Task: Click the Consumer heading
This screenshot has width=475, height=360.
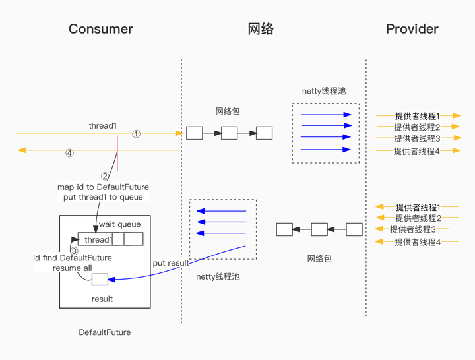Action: tap(100, 29)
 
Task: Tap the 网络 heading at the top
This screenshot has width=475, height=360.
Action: tap(261, 29)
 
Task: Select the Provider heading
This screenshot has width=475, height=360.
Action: tap(412, 29)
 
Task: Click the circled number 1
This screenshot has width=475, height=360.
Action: tap(137, 134)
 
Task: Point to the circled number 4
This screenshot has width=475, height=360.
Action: tap(69, 154)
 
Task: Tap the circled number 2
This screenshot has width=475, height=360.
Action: tap(104, 176)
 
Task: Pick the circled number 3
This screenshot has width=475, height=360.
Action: tap(74, 251)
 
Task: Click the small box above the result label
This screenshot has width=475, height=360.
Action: tap(100, 280)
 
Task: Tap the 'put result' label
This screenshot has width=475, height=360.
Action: tap(171, 263)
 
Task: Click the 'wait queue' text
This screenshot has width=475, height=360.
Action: tap(119, 224)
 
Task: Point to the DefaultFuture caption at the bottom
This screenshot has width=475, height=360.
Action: tap(104, 332)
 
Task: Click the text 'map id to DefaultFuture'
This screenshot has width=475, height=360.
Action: tap(103, 187)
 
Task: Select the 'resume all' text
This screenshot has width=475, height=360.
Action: tap(73, 268)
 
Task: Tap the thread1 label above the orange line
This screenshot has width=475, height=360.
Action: tap(103, 125)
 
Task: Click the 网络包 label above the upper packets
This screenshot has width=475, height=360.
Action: tap(228, 111)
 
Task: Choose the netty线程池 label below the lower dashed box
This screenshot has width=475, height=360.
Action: tap(218, 277)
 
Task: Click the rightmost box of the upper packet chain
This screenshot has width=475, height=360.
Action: tap(264, 133)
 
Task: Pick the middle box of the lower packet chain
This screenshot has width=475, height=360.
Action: tap(319, 229)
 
